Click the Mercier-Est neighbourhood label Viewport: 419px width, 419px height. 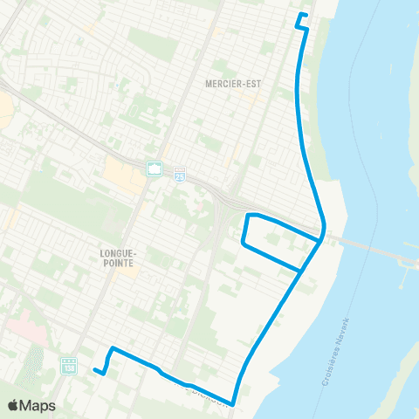(x=228, y=84)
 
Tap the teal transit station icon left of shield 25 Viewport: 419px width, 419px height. (x=155, y=169)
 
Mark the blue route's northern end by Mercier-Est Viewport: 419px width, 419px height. (x=300, y=16)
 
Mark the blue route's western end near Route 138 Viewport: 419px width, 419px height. (x=95, y=369)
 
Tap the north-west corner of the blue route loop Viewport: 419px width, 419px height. (x=248, y=215)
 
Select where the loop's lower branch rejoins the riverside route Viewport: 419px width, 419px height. (x=300, y=272)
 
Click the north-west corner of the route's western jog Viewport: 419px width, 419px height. (x=111, y=349)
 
